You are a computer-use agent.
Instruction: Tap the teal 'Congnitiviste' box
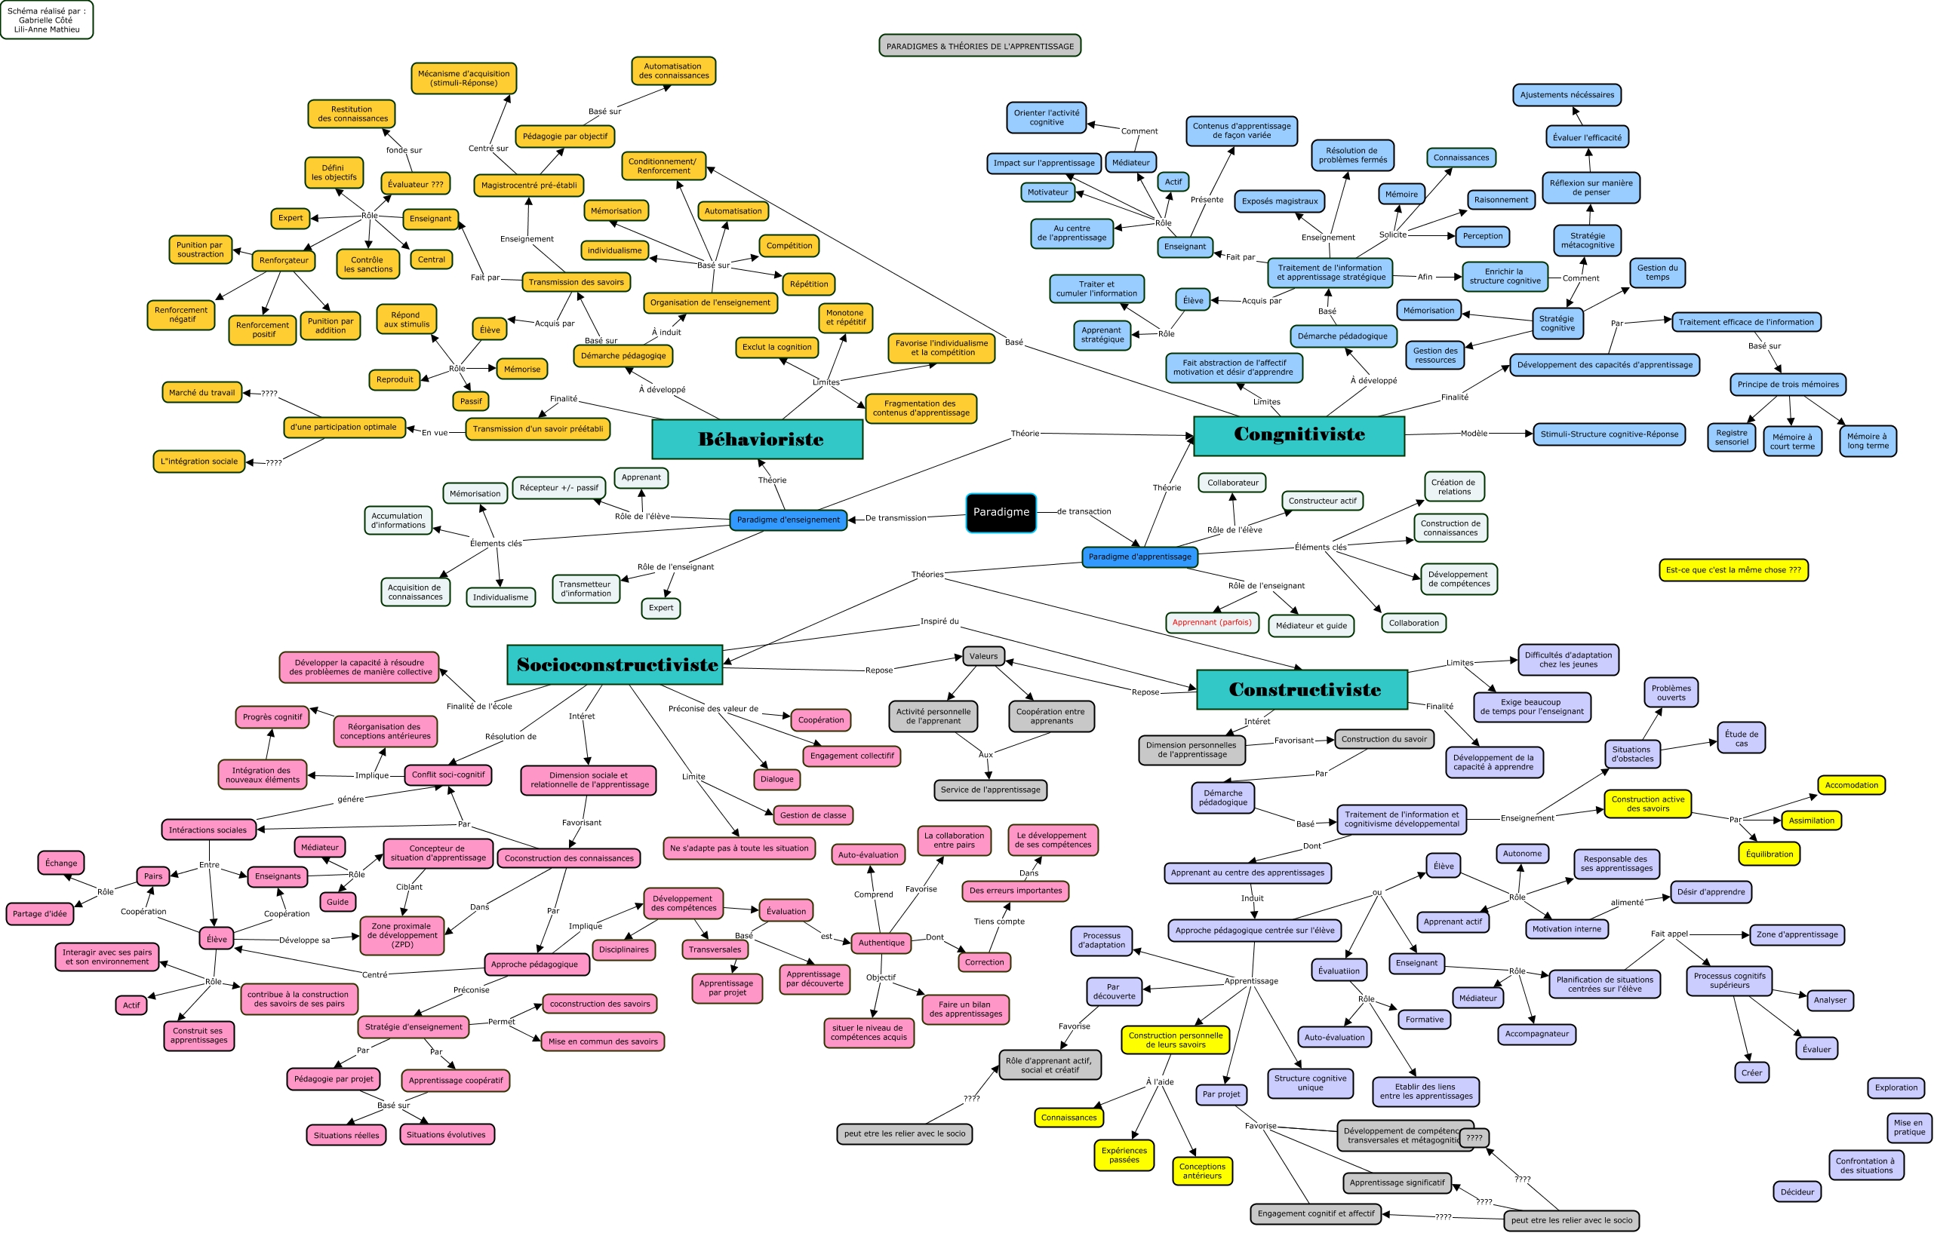[1299, 435]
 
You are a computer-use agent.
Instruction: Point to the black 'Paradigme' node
[1001, 512]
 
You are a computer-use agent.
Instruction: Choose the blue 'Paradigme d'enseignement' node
[788, 520]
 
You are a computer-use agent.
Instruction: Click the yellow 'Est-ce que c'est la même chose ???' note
[1733, 570]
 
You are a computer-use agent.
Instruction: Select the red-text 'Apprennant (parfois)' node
[1211, 622]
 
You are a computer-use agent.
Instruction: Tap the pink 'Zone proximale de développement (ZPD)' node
[402, 935]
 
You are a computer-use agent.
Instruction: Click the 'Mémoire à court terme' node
[1792, 441]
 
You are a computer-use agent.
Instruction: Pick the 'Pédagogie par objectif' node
[564, 136]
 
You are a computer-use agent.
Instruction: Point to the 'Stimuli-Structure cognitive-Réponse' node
[1609, 434]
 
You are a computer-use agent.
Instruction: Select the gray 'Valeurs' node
[983, 656]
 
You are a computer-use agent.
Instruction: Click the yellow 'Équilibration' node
[1770, 854]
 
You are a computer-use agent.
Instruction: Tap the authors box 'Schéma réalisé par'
[47, 20]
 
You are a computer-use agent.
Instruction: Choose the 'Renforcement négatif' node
[180, 314]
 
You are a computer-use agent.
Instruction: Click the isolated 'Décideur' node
[1797, 1192]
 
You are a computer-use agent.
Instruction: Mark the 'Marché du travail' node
[201, 393]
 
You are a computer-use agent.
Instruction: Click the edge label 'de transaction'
[1084, 511]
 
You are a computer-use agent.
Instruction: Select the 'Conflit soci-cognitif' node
[447, 774]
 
